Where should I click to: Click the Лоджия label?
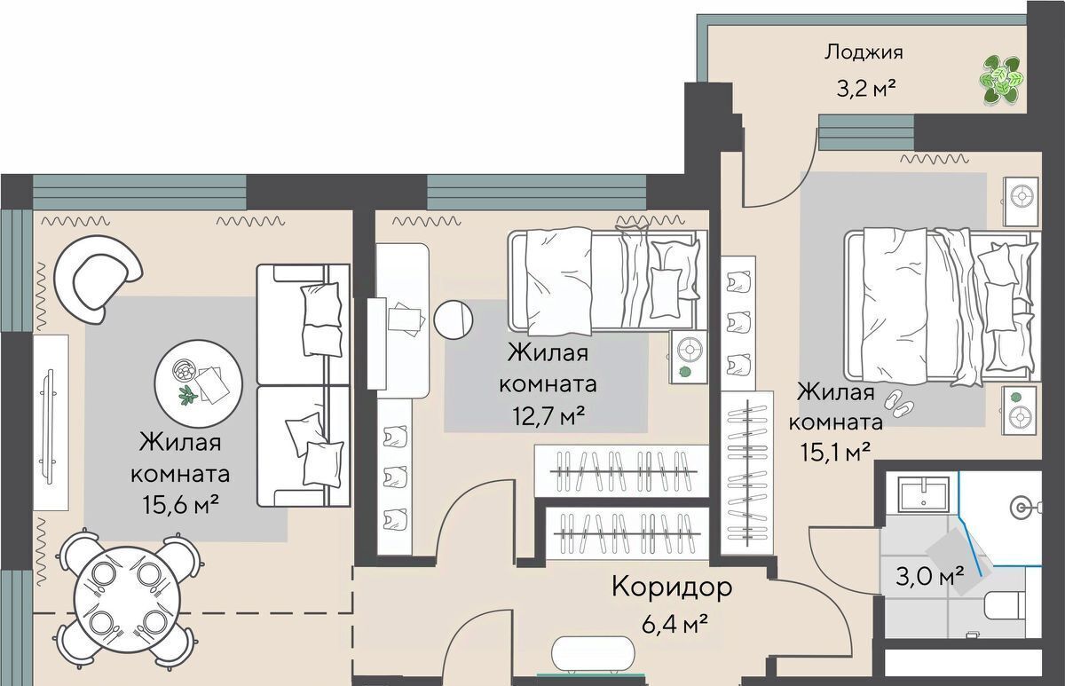pos(864,52)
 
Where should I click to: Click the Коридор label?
pos(672,587)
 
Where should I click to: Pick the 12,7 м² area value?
pos(548,417)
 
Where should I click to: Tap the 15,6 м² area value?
pos(181,505)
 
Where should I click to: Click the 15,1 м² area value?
pos(835,452)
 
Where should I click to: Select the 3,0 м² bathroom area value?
pos(930,576)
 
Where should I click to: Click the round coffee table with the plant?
pos(199,383)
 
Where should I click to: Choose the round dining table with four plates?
pos(129,600)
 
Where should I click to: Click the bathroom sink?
pos(924,494)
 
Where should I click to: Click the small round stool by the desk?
pos(454,320)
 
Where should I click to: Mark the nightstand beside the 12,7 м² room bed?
pos(689,357)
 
